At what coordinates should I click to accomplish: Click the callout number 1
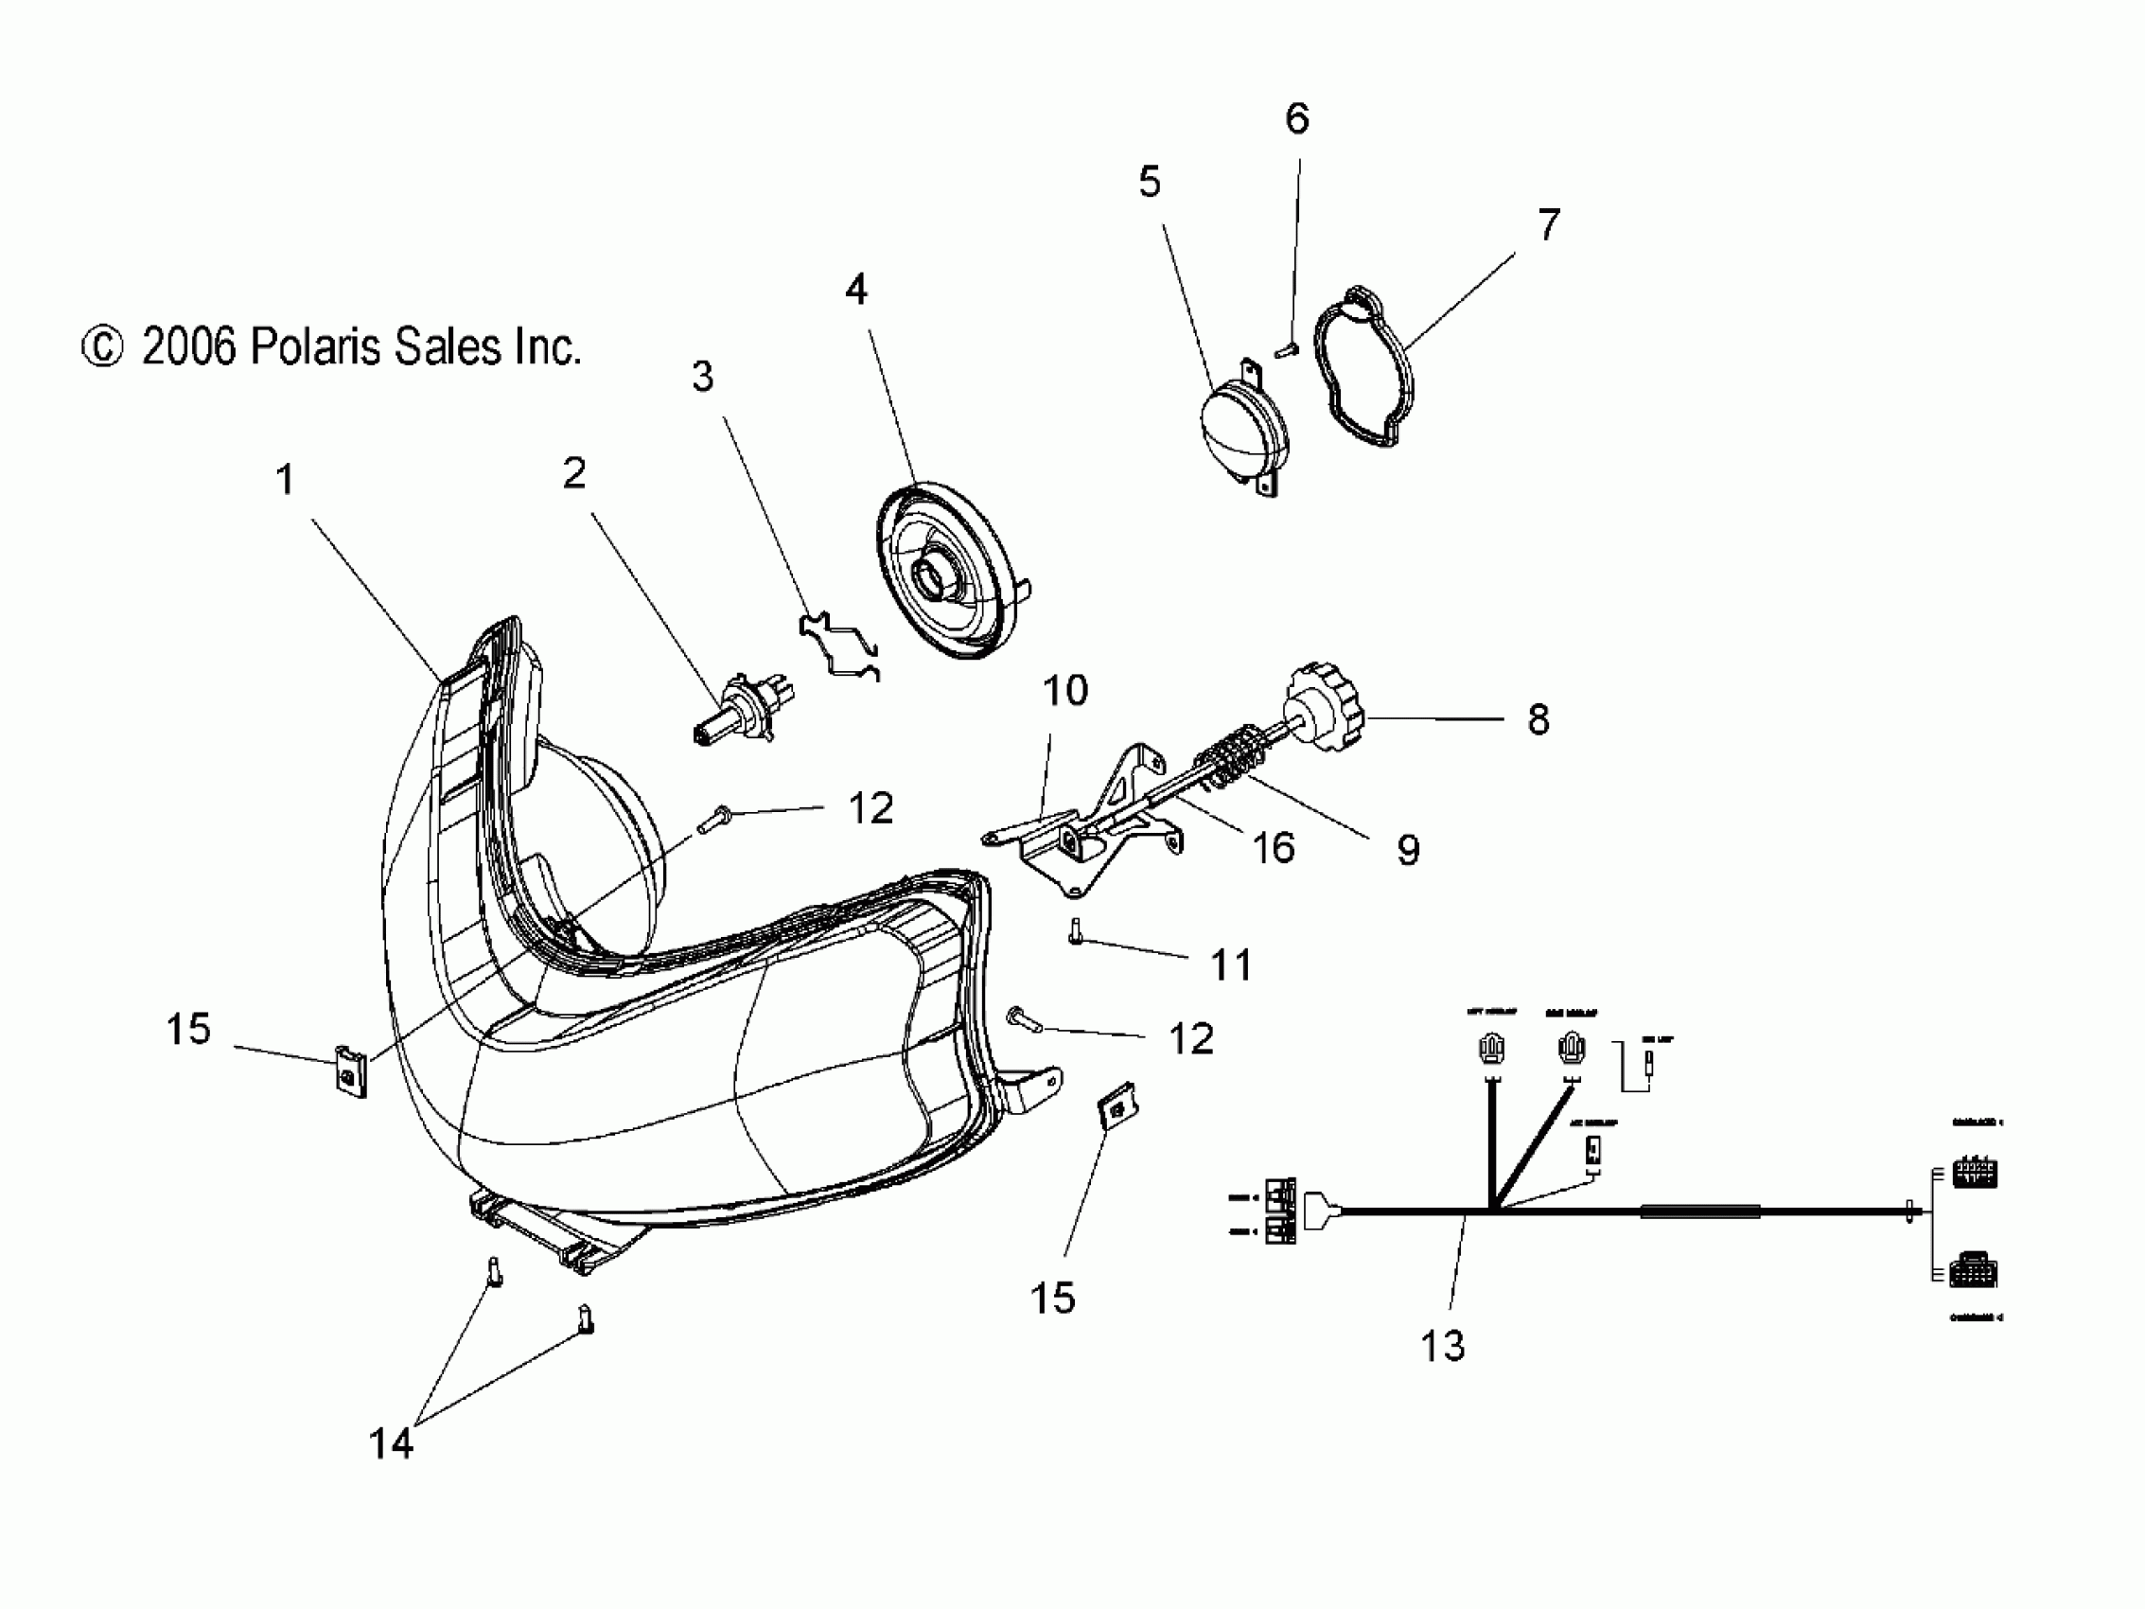[x=284, y=480]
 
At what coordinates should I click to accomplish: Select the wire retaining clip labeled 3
[x=839, y=644]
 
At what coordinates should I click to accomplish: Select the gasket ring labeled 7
[x=1363, y=366]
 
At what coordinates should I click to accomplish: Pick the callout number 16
[x=1274, y=848]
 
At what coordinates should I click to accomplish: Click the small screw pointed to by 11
[x=1076, y=932]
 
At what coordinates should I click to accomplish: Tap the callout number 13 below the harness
[x=1442, y=1345]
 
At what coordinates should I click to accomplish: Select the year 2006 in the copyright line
[x=189, y=347]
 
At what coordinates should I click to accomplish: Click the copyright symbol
[x=102, y=347]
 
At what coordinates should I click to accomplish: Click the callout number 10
[x=1064, y=691]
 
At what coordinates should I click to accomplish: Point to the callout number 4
[x=855, y=289]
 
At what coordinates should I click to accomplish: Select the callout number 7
[x=1549, y=225]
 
